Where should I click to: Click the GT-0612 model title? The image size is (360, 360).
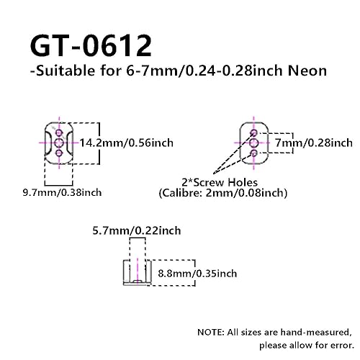91,45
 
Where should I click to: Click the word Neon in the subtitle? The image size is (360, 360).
307,71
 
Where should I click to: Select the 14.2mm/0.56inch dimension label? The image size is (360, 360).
126,143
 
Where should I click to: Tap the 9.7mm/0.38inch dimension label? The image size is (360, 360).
62,192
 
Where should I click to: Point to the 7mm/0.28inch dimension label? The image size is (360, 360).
314,143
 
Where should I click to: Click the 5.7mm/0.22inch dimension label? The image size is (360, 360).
137,230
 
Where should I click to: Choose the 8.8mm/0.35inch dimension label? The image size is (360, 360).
197,274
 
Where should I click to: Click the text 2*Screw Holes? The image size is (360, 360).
220,182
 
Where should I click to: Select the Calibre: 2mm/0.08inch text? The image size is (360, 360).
223,193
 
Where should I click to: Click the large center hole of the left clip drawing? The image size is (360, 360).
59,143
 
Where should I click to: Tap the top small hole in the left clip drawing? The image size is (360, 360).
59,132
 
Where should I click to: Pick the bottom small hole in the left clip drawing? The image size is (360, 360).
59,153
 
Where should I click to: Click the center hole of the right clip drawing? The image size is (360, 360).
254,143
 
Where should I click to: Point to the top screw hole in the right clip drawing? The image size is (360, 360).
254,132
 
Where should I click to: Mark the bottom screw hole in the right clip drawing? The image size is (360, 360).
254,153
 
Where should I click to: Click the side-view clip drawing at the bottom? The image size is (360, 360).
137,272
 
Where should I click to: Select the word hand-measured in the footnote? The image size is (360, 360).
315,333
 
